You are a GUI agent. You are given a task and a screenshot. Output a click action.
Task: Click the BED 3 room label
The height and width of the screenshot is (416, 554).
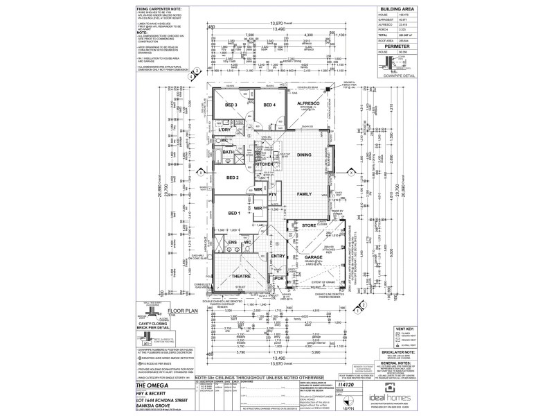(231, 105)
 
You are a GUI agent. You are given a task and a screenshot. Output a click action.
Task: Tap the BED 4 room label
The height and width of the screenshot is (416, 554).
(269, 105)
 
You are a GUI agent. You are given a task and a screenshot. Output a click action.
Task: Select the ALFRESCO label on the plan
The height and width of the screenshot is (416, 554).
(307, 103)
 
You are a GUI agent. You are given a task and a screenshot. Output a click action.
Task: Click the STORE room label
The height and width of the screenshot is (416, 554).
(307, 225)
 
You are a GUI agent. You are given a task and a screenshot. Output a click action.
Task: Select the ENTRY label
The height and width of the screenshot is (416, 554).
(278, 257)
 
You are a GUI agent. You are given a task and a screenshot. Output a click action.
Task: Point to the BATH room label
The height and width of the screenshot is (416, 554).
(228, 152)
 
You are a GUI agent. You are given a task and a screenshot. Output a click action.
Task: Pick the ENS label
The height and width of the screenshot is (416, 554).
(232, 243)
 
